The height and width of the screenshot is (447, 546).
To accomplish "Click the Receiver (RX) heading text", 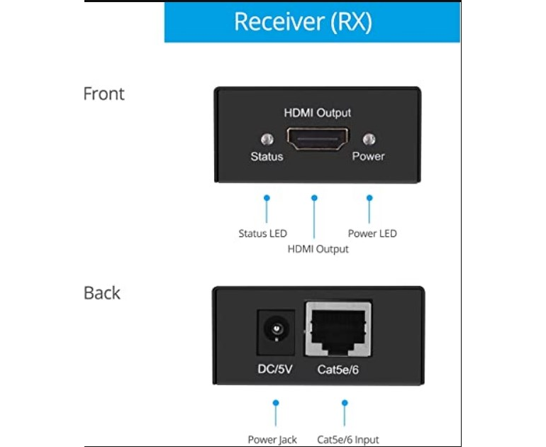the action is (303, 22).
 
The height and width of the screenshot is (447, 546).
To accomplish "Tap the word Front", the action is (104, 94).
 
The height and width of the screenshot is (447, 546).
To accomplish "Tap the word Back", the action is (101, 292).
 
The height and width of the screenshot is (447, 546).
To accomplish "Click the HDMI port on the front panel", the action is (317, 138).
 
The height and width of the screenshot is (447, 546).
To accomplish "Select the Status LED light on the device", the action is (267, 139).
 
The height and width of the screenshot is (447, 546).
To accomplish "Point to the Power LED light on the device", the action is (369, 139).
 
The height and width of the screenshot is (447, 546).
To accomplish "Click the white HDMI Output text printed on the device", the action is (317, 113).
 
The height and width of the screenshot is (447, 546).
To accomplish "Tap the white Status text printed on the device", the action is (267, 156).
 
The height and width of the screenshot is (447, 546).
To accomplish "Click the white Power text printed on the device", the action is (369, 156).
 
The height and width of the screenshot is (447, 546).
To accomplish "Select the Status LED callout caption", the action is (262, 233).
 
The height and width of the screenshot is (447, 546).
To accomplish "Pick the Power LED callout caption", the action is (372, 233).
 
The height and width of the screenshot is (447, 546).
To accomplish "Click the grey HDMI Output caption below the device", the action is (318, 249).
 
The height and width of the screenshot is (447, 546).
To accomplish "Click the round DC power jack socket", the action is (276, 329).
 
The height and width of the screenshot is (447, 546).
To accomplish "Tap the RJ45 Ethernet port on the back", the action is (338, 329).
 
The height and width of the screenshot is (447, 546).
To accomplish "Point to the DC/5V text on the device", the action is (274, 369).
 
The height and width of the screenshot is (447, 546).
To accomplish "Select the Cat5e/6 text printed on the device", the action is (338, 369).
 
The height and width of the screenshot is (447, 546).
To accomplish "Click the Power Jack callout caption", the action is (272, 440).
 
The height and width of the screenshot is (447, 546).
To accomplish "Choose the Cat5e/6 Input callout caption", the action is (348, 440).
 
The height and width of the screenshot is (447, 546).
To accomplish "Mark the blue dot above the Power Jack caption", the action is (276, 403).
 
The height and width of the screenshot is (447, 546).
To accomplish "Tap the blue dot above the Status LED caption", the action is (267, 198).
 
